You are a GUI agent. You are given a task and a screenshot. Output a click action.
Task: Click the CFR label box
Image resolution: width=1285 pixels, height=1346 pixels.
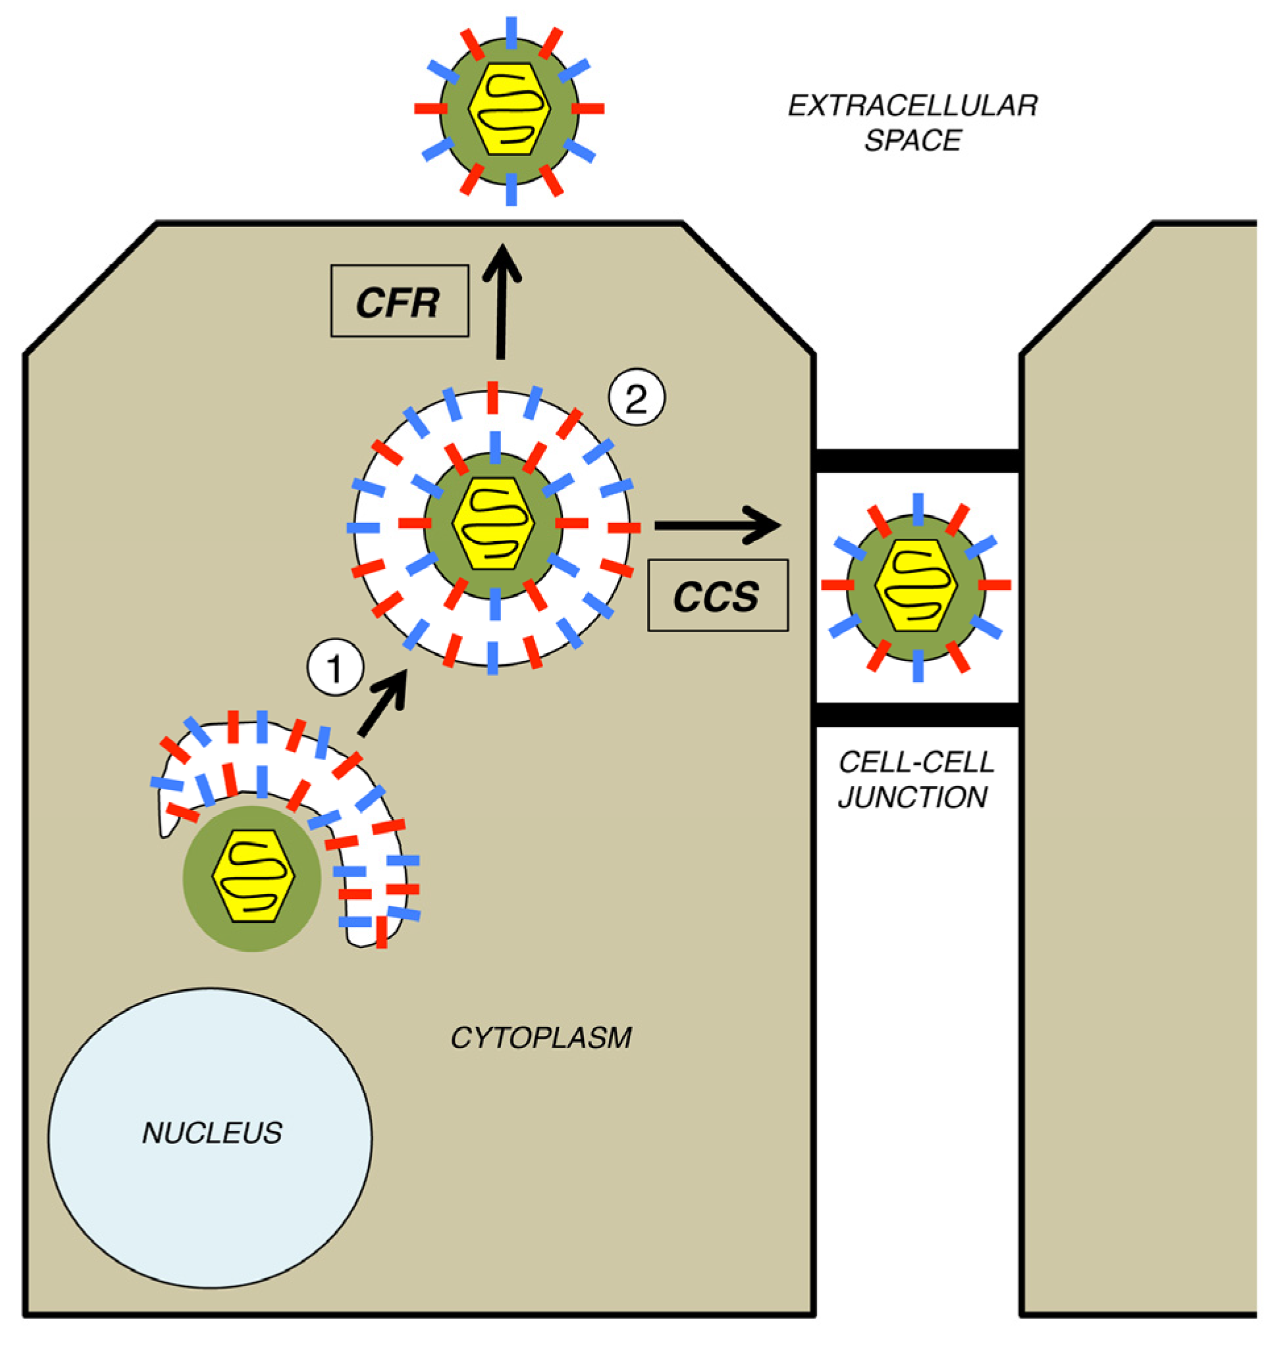coord(400,301)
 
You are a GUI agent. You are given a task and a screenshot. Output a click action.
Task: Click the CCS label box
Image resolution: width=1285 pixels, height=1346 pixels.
coord(717,595)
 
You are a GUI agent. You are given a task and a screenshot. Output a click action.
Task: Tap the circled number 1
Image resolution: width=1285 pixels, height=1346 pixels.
coord(335,668)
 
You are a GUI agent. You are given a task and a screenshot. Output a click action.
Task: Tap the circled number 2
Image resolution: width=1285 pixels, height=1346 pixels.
coord(637,398)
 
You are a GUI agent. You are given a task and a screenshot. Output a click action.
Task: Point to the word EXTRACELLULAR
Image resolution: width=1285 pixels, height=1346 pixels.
coord(912,106)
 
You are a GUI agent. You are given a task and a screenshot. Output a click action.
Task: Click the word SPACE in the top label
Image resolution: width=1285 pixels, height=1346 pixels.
coord(912,140)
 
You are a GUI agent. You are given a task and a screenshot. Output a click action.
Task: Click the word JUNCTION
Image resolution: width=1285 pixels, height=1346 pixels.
coord(912,797)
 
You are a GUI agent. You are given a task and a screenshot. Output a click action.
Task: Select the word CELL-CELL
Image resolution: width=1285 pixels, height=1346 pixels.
coord(916,762)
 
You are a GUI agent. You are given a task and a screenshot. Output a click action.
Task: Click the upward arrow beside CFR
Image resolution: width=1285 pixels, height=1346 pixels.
coord(502,301)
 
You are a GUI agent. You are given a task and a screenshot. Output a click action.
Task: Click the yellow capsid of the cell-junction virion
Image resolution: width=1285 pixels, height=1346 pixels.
coord(916,585)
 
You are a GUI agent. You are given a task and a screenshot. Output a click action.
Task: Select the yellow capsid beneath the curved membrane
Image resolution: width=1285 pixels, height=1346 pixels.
coord(253,876)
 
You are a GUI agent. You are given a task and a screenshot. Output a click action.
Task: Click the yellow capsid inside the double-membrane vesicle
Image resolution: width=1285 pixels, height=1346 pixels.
coord(493,524)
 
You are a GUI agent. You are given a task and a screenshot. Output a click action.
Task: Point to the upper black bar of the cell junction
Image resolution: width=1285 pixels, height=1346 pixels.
coord(917,460)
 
